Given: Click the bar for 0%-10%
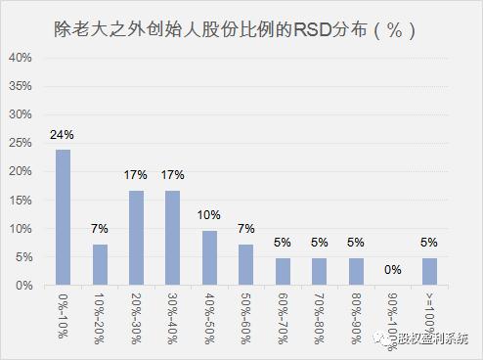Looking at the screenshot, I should point(63,217).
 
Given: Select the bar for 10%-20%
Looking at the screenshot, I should point(99,265).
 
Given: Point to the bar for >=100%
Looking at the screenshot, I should point(429,272).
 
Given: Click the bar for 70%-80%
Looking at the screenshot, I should point(319,272).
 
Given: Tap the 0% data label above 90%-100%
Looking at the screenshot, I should point(392,270).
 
